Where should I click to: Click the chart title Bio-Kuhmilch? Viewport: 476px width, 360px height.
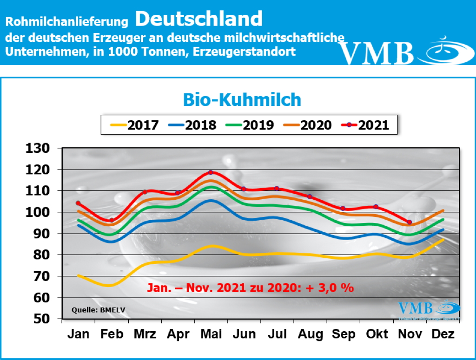pos(242,99)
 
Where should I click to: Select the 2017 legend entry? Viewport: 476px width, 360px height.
pos(135,125)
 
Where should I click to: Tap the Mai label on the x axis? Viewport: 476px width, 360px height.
pos(211,334)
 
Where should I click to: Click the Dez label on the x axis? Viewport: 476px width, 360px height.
pos(443,334)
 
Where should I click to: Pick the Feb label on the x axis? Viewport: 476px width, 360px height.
pos(111,334)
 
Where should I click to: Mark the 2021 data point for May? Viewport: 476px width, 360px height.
pos(211,172)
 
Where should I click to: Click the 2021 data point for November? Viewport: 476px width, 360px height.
pos(409,222)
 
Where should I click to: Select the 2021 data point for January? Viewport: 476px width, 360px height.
pos(78,203)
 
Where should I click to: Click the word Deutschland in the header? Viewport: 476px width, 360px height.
pos(199,19)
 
